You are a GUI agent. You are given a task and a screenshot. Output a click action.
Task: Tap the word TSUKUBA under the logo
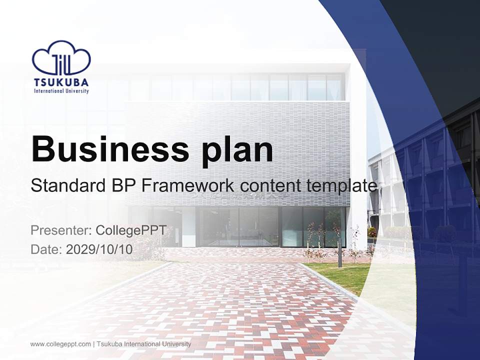pyautogui.click(x=61, y=82)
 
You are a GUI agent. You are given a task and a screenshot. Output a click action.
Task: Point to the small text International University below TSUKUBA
pyautogui.click(x=61, y=91)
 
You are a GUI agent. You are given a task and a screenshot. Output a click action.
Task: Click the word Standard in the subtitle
pyautogui.click(x=67, y=186)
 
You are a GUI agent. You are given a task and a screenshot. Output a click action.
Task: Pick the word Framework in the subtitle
pyautogui.click(x=188, y=186)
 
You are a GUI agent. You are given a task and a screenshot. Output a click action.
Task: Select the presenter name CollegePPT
pyautogui.click(x=130, y=230)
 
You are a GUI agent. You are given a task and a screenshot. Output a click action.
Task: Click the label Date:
pyautogui.click(x=46, y=249)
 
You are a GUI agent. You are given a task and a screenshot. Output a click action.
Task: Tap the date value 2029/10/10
pyautogui.click(x=99, y=249)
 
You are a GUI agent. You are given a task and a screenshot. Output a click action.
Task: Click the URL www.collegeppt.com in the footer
pyautogui.click(x=60, y=344)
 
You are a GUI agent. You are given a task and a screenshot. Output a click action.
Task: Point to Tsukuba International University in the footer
pyautogui.click(x=143, y=344)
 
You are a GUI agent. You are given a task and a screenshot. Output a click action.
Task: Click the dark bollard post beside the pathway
pyautogui.click(x=339, y=257)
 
